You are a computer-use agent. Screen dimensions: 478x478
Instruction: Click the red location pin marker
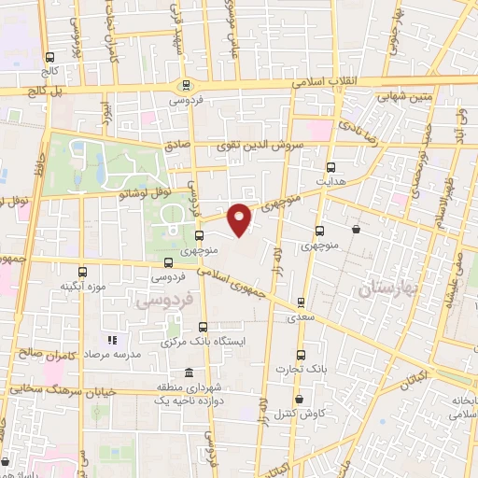click(x=241, y=218)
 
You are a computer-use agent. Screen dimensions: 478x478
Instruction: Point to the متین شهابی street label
click(x=403, y=94)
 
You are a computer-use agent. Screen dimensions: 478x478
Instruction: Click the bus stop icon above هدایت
click(x=330, y=167)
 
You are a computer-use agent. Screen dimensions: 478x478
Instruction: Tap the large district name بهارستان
click(x=390, y=291)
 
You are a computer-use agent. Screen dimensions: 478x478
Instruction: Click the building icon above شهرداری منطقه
click(x=165, y=370)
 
